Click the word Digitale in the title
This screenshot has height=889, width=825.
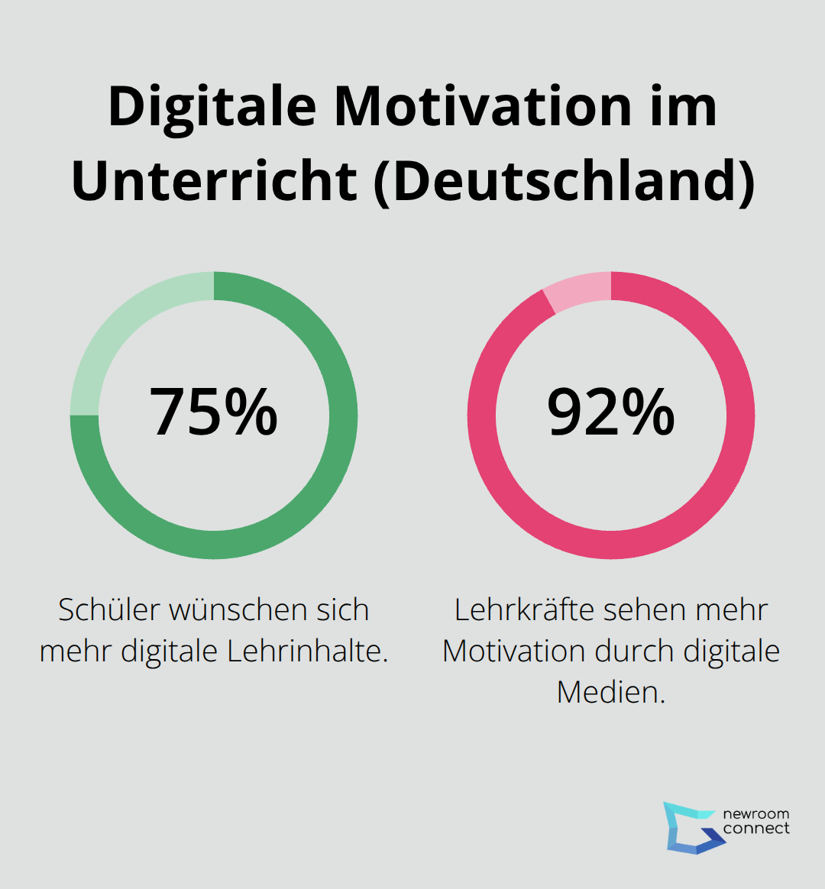(212, 106)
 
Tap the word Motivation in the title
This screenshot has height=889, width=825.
(482, 106)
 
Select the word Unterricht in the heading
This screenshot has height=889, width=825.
(215, 181)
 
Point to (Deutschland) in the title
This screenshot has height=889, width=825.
(564, 181)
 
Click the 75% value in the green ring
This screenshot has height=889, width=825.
(213, 412)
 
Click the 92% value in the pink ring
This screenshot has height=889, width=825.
(611, 412)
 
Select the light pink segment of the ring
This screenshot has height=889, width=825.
(581, 291)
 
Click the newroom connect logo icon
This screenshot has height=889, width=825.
(692, 827)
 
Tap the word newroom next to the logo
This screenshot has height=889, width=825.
(756, 814)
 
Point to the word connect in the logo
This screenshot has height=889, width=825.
(756, 829)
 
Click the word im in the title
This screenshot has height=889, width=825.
(681, 106)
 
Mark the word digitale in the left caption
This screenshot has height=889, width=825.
(170, 651)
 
